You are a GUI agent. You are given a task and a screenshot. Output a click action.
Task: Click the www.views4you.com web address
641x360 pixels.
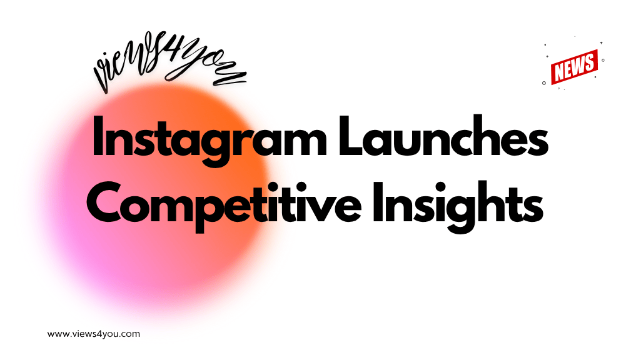coord(94,334)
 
